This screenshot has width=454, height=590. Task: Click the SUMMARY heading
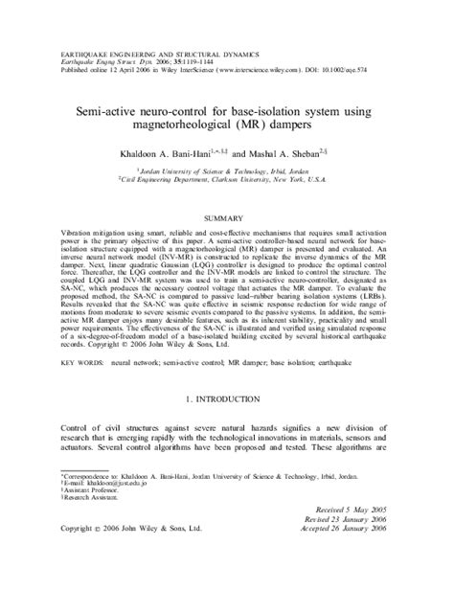tap(226, 218)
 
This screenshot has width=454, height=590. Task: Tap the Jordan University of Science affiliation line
tap(227, 169)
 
